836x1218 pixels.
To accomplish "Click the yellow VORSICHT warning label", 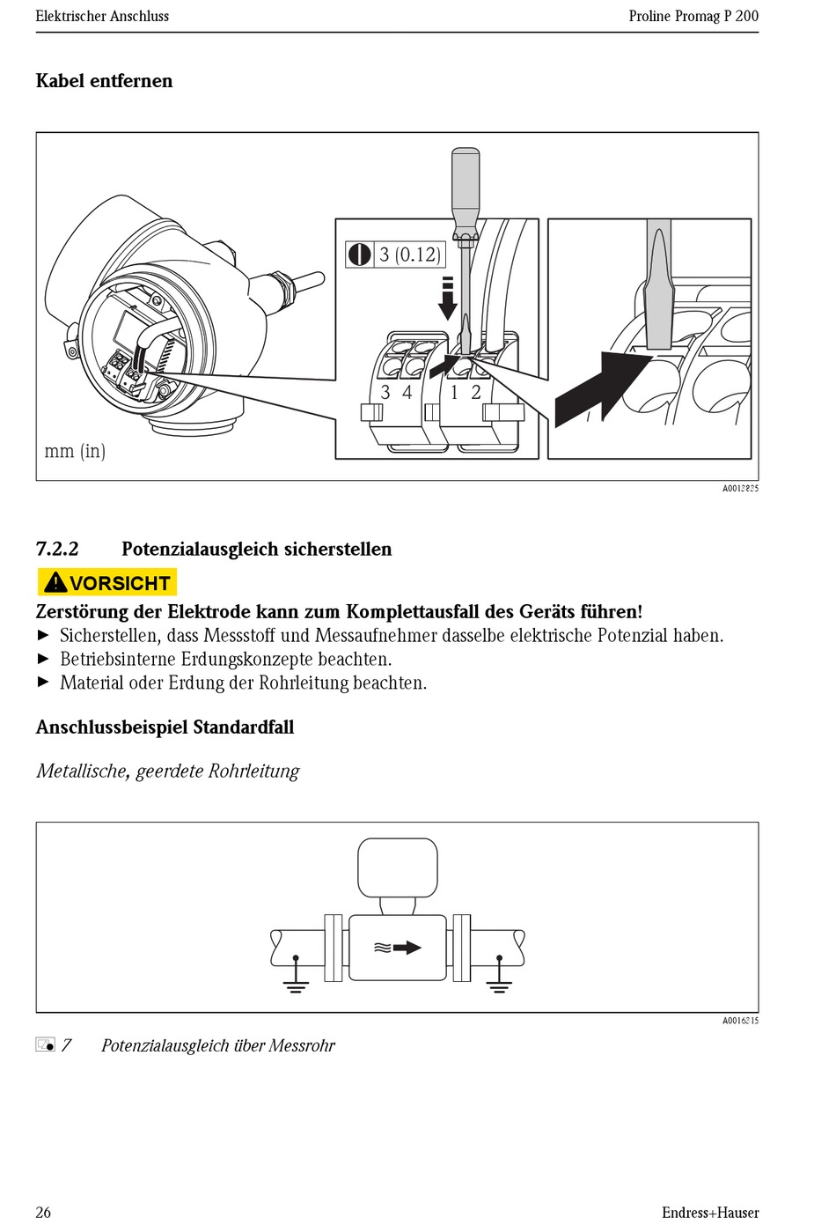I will pyautogui.click(x=106, y=582).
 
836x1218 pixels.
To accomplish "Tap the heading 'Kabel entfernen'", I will pyautogui.click(x=104, y=81).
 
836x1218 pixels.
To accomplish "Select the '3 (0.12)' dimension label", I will pyautogui.click(x=409, y=255).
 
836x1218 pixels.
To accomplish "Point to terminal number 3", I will pyautogui.click(x=385, y=393).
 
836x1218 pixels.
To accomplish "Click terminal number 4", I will pyautogui.click(x=407, y=393).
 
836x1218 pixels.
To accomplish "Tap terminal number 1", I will pyautogui.click(x=454, y=393).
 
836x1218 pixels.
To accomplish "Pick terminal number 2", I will pyautogui.click(x=476, y=393).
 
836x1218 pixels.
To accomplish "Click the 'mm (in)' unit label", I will pyautogui.click(x=75, y=451).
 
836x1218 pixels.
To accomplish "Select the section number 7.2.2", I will pyautogui.click(x=57, y=549).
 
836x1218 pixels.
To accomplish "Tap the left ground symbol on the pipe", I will pyautogui.click(x=296, y=978).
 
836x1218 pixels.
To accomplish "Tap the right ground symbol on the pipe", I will pyautogui.click(x=499, y=978).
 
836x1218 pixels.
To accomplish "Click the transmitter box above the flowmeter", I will pyautogui.click(x=397, y=867).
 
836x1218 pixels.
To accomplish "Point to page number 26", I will pyautogui.click(x=43, y=1212).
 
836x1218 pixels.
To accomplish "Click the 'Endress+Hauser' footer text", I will pyautogui.click(x=709, y=1212).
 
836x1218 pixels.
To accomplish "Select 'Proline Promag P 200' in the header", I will pyautogui.click(x=693, y=16).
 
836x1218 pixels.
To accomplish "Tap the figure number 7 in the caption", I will pyautogui.click(x=67, y=1045).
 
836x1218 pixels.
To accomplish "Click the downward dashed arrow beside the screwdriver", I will pyautogui.click(x=448, y=299).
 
